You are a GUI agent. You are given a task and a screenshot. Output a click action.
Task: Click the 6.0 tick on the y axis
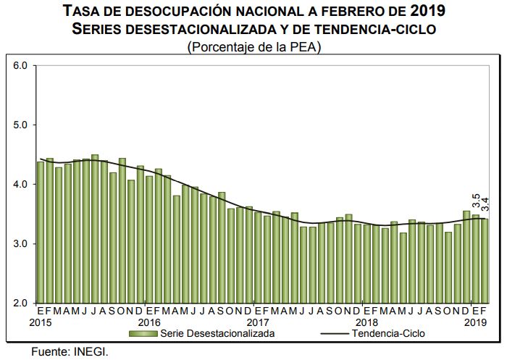(20, 66)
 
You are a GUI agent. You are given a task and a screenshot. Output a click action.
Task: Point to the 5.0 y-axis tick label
(20, 125)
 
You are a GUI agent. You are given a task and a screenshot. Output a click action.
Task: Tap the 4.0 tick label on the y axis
(20, 185)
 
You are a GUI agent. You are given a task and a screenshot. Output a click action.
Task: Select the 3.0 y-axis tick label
(20, 244)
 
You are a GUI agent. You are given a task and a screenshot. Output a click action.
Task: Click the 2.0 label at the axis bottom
(20, 304)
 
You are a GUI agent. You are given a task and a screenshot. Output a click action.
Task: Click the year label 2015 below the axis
(42, 322)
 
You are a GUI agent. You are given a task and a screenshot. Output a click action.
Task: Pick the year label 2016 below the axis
(149, 322)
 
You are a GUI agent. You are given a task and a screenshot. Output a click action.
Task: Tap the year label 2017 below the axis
(258, 322)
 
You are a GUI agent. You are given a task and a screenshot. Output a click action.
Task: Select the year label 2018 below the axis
(366, 322)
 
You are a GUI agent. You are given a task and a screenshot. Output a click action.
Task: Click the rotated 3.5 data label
(476, 201)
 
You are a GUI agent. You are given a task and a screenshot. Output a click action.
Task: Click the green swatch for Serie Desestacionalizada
(143, 334)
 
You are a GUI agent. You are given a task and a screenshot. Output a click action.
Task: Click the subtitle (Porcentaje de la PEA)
(253, 46)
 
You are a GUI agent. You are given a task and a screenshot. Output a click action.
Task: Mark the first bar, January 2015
(41, 232)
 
